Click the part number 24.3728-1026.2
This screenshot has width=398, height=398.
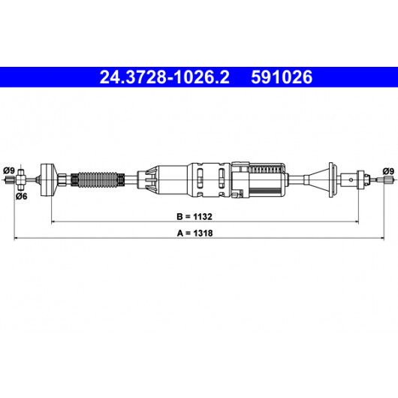pos(164,77)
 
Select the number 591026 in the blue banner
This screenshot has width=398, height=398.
pos(282,77)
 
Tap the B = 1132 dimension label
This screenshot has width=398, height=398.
pos(194,216)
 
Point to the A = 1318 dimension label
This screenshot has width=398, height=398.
pos(194,233)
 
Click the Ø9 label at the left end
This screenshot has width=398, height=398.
pos(9,170)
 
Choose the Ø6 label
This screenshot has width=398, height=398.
pos(22,196)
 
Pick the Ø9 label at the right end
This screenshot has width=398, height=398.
pos(388,171)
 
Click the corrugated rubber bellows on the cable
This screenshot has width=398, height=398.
pos(98,180)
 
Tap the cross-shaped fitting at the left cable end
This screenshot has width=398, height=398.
pos(21,179)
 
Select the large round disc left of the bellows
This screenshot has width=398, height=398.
pos(48,179)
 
